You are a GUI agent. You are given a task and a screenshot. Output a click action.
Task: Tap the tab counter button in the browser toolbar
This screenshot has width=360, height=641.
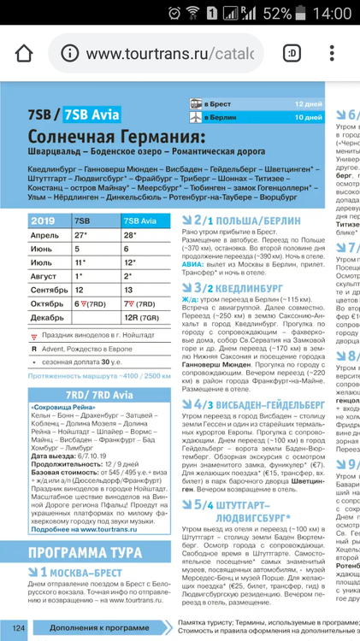click(293, 53)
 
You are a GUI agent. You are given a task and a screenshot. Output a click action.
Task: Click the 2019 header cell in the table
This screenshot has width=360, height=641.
click(43, 221)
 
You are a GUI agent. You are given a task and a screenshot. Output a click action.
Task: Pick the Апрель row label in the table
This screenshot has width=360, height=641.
click(44, 234)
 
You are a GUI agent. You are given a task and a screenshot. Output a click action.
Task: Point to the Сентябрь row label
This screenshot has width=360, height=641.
click(50, 289)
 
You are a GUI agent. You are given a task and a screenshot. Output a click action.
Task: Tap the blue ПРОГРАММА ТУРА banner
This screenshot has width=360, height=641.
click(91, 550)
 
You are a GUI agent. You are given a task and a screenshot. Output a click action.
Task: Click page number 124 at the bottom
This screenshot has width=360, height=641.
click(20, 628)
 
